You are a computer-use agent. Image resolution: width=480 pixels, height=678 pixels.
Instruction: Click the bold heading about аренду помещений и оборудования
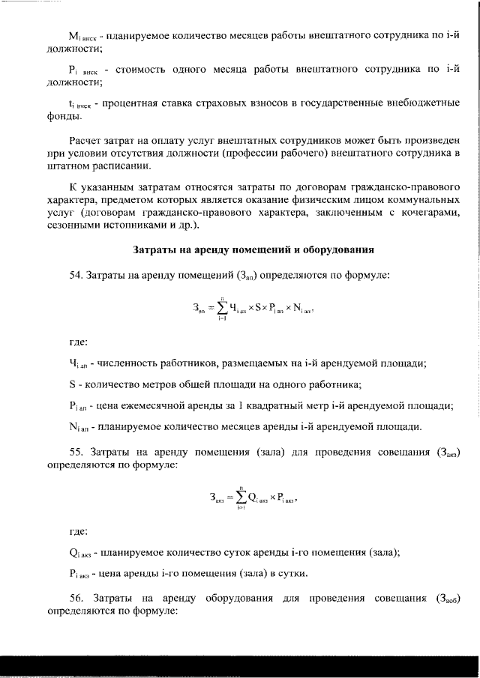[253, 249]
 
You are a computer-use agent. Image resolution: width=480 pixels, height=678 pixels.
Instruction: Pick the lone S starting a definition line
[71, 385]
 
